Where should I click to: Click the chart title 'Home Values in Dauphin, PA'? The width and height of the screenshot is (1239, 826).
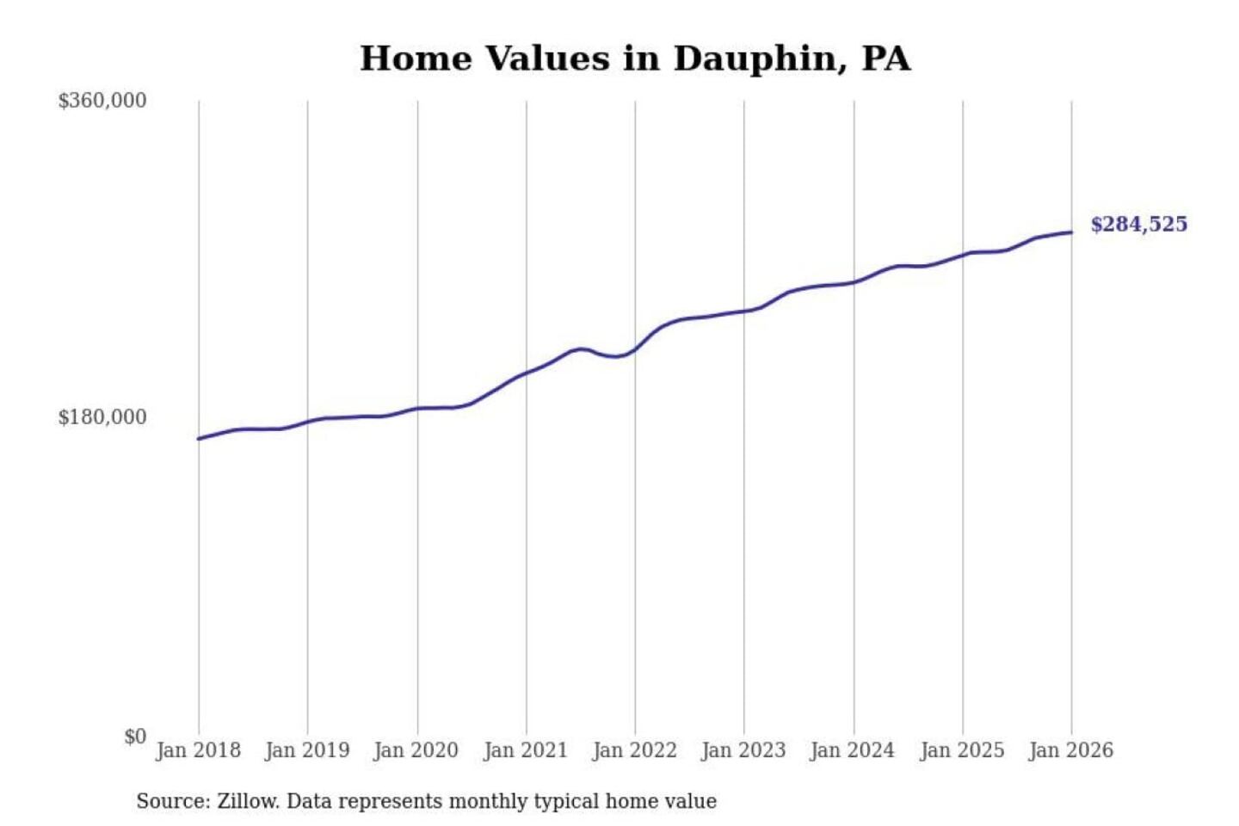635,59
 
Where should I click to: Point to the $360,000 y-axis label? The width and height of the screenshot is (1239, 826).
102,101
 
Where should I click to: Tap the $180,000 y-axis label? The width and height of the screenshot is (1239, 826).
102,417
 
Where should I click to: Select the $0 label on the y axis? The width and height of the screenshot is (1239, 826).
135,737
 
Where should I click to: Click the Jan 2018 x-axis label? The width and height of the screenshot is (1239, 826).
198,750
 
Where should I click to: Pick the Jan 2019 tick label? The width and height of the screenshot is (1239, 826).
307,750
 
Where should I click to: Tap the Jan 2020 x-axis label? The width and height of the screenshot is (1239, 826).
416,750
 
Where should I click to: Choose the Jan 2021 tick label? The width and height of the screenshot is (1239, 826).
526,750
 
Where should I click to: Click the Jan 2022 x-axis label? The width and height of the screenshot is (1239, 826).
635,750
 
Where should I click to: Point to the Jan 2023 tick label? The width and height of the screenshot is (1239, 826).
744,750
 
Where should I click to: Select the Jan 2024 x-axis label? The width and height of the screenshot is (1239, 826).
853,750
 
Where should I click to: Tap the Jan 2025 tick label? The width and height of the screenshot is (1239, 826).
962,750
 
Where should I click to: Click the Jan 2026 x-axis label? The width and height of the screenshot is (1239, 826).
1071,750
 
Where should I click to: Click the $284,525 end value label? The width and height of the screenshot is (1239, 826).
1138,225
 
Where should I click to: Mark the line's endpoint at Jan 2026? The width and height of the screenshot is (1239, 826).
1071,232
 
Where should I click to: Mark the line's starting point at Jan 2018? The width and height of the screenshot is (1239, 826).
199,439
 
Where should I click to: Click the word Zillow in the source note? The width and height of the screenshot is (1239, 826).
248,802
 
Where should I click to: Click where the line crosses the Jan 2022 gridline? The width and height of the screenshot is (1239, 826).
635,349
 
